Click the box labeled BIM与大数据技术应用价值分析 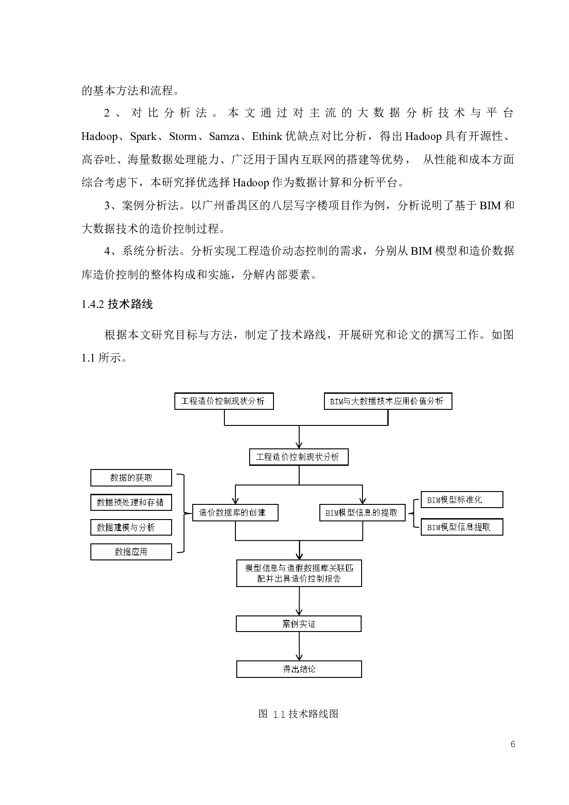388,401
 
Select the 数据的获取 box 131,478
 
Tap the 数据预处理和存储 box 131,503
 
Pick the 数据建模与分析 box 131,527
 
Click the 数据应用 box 131,552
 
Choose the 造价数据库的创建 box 235,513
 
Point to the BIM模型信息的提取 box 362,513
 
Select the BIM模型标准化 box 462,500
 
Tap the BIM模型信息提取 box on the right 462,527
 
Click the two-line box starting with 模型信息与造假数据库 299,573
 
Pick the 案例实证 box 299,624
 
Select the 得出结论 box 299,669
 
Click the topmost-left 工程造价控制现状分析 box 224,401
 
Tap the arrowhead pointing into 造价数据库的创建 235,501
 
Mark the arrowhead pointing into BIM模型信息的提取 363,501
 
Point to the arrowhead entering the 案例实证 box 299,612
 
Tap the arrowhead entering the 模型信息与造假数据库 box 299,556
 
